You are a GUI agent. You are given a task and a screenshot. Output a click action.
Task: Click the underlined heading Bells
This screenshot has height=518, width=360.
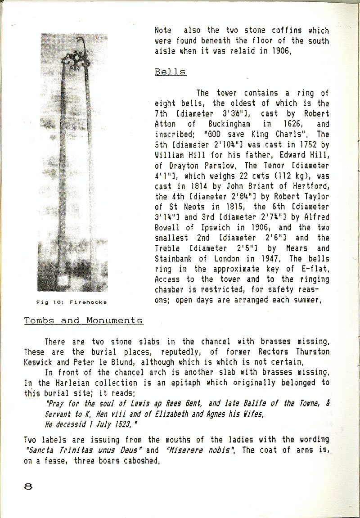point(170,72)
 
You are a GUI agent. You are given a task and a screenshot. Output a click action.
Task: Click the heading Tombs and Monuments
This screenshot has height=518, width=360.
point(84,320)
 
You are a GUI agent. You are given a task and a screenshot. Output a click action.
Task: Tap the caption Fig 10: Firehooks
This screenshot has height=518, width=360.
point(72,302)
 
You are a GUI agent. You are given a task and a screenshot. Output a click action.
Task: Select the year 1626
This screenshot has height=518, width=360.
point(282,124)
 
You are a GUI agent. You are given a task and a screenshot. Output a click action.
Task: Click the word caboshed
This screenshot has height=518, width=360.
point(139,460)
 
